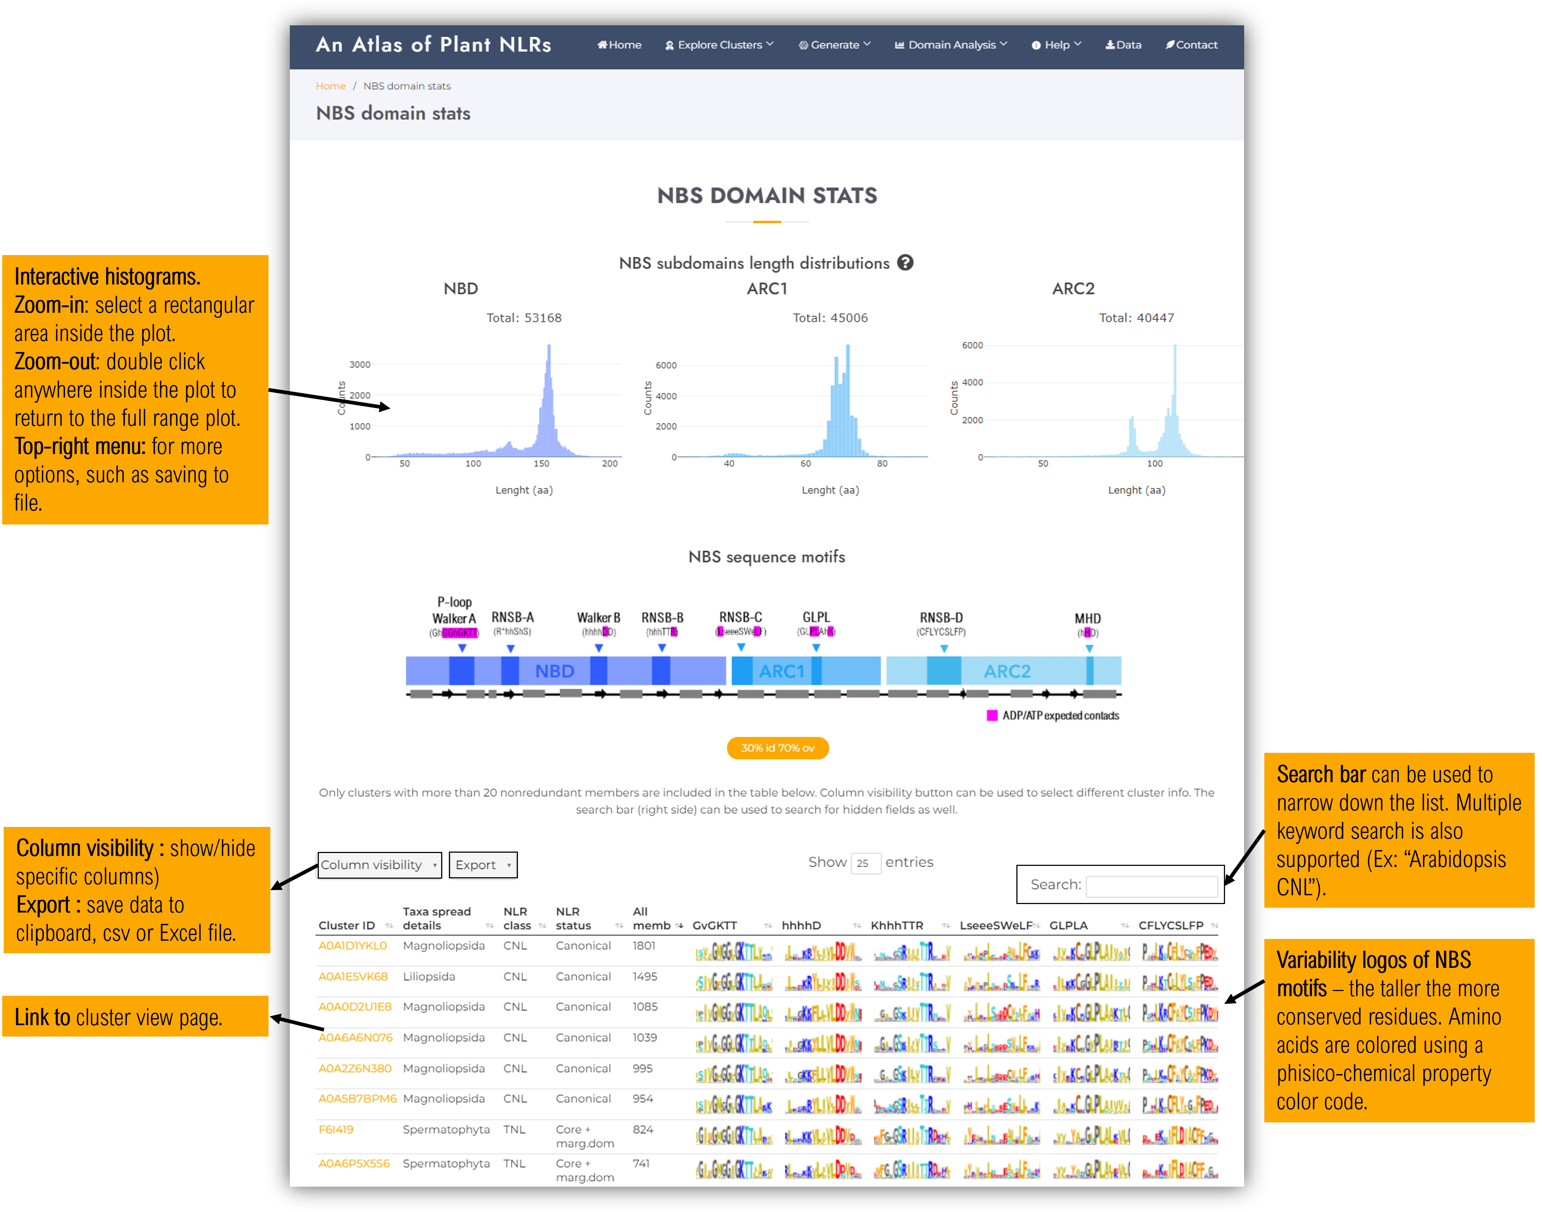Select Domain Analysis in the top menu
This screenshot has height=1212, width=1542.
[951, 45]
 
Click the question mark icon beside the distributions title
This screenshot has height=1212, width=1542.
[905, 262]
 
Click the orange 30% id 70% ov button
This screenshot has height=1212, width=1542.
[777, 748]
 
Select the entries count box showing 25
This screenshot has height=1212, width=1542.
[865, 863]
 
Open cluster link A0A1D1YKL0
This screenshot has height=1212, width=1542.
[353, 946]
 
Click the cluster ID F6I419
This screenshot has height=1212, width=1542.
[336, 1130]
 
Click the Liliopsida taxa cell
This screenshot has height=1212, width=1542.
[429, 976]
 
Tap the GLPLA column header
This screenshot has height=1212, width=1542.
[1069, 925]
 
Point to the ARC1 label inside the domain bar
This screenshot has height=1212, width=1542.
[782, 671]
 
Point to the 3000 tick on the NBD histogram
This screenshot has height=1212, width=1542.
[360, 365]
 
